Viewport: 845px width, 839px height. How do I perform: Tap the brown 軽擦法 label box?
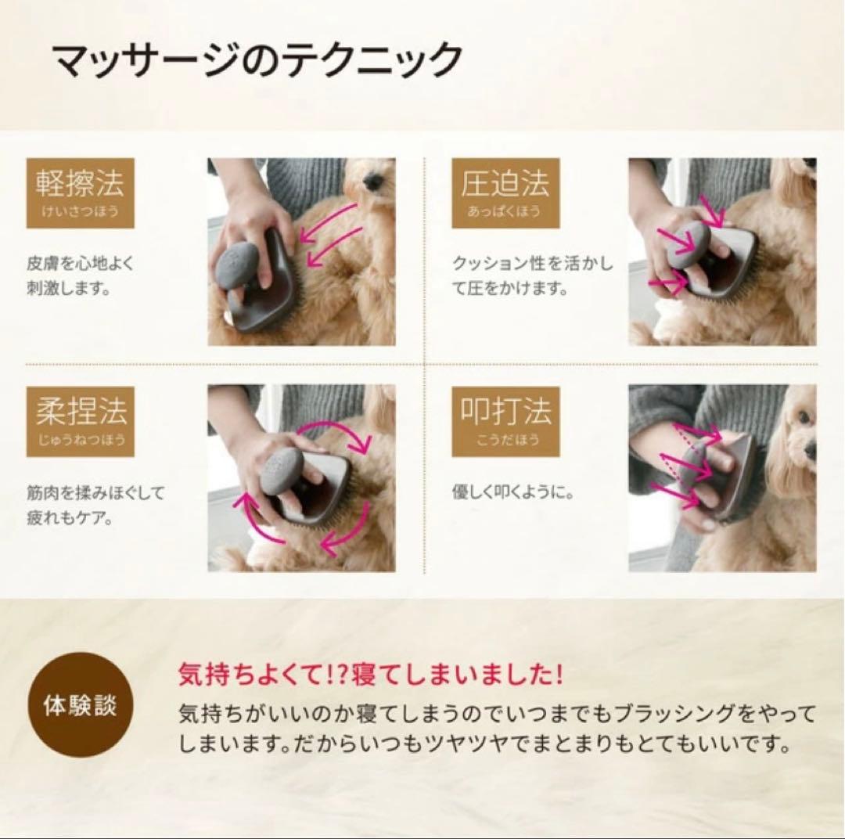click(x=80, y=193)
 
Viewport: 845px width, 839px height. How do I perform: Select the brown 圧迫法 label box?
click(x=505, y=193)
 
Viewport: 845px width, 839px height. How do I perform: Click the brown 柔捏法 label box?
click(x=80, y=421)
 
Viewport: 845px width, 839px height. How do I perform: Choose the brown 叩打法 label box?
click(x=505, y=421)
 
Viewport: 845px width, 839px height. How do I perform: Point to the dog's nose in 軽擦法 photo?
click(x=374, y=181)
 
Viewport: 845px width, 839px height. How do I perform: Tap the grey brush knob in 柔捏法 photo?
click(x=282, y=471)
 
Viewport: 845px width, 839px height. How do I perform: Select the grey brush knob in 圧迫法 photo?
click(x=689, y=243)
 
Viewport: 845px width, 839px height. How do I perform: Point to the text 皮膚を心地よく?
click(x=80, y=264)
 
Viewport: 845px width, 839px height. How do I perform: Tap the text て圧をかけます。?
click(x=509, y=289)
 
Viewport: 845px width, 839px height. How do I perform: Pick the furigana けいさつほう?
click(x=80, y=212)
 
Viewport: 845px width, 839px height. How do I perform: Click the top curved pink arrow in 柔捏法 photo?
click(x=336, y=434)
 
